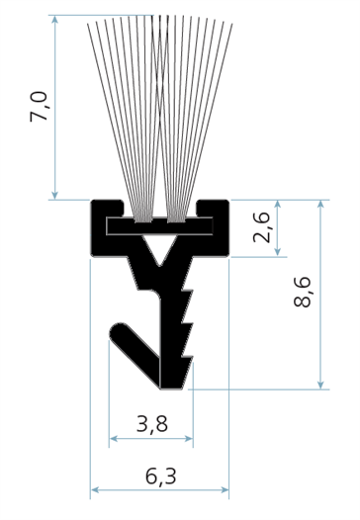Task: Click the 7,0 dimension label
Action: tap(40, 107)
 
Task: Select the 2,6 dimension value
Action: tap(262, 226)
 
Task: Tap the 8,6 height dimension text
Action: tap(303, 292)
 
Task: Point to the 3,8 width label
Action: tap(152, 424)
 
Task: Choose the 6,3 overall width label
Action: tap(161, 477)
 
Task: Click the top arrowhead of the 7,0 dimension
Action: tap(55, 19)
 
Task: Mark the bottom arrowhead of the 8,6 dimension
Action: tap(320, 385)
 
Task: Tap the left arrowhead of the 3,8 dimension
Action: tap(113, 439)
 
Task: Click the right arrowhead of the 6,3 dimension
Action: tap(225, 489)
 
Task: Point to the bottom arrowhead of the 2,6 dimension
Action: tap(278, 253)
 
